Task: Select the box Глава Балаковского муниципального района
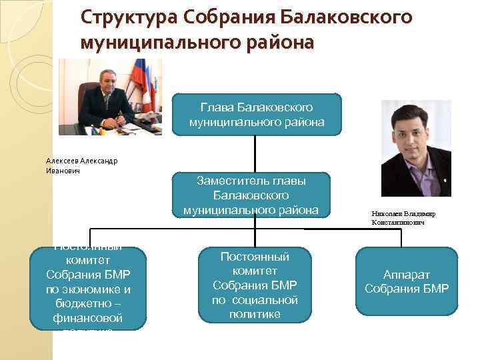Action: pyautogui.click(x=257, y=114)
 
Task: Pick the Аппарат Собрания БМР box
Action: pyautogui.click(x=406, y=281)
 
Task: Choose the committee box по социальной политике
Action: pyautogui.click(x=255, y=285)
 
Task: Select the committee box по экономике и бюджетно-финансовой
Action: pyautogui.click(x=89, y=289)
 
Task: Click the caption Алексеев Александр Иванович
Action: pyautogui.click(x=81, y=165)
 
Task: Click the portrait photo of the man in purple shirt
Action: pyautogui.click(x=415, y=148)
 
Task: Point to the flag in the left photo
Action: pyautogui.click(x=142, y=79)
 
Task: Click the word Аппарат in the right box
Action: pyautogui.click(x=407, y=274)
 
